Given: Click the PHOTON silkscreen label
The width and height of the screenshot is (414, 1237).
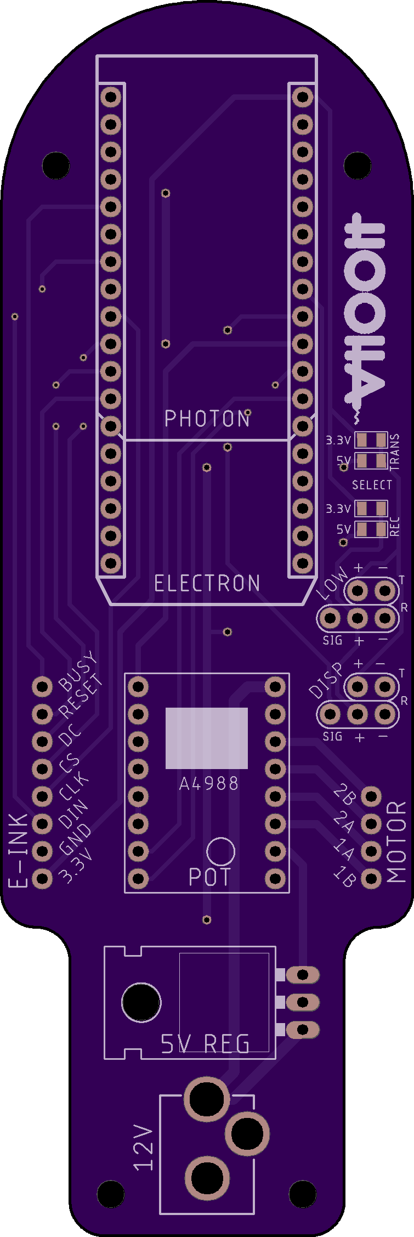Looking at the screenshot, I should point(207,419).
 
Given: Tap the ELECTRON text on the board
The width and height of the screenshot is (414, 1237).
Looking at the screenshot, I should point(207,583).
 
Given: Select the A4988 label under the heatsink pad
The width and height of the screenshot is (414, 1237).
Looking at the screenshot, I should point(209,783).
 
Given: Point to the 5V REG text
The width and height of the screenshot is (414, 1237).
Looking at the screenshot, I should point(205,1044).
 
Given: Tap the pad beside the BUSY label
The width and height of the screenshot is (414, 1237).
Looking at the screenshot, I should point(42,687).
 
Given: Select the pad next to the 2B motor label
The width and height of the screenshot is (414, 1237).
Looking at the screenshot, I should point(371,797).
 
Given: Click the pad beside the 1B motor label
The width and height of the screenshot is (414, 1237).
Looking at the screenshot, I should point(371,879).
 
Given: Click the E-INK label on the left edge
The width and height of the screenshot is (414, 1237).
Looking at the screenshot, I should point(18,850).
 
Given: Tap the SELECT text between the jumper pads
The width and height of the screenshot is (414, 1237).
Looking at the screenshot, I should point(372,485).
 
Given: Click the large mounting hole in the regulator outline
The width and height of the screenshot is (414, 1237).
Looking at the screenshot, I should point(141,1002).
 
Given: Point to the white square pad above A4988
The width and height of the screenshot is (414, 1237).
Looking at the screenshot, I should point(207,738).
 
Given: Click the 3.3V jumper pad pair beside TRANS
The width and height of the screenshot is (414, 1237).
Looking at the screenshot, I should point(371,440).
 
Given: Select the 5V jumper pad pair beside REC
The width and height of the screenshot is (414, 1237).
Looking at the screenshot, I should point(371,529).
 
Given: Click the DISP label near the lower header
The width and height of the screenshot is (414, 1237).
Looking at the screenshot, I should point(326,680).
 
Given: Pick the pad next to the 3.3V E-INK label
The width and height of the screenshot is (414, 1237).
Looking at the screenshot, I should point(42,879).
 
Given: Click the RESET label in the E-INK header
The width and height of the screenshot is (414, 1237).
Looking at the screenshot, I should point(81,697).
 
